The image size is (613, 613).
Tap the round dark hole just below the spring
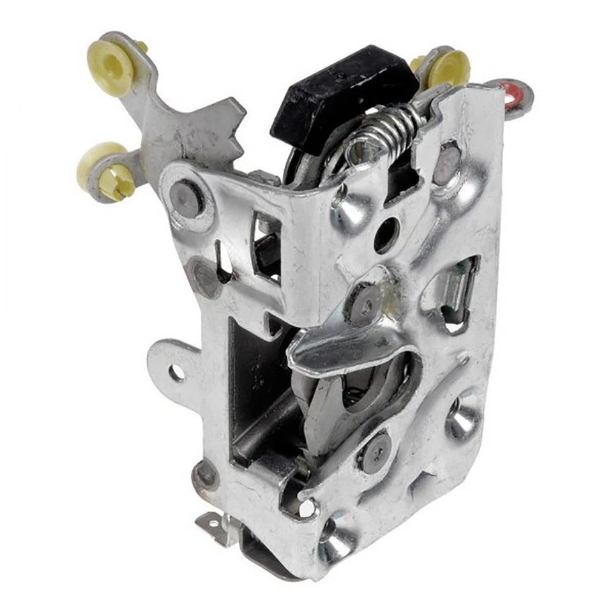pyautogui.click(x=386, y=235)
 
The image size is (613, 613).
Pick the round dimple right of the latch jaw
pyautogui.click(x=462, y=418)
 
